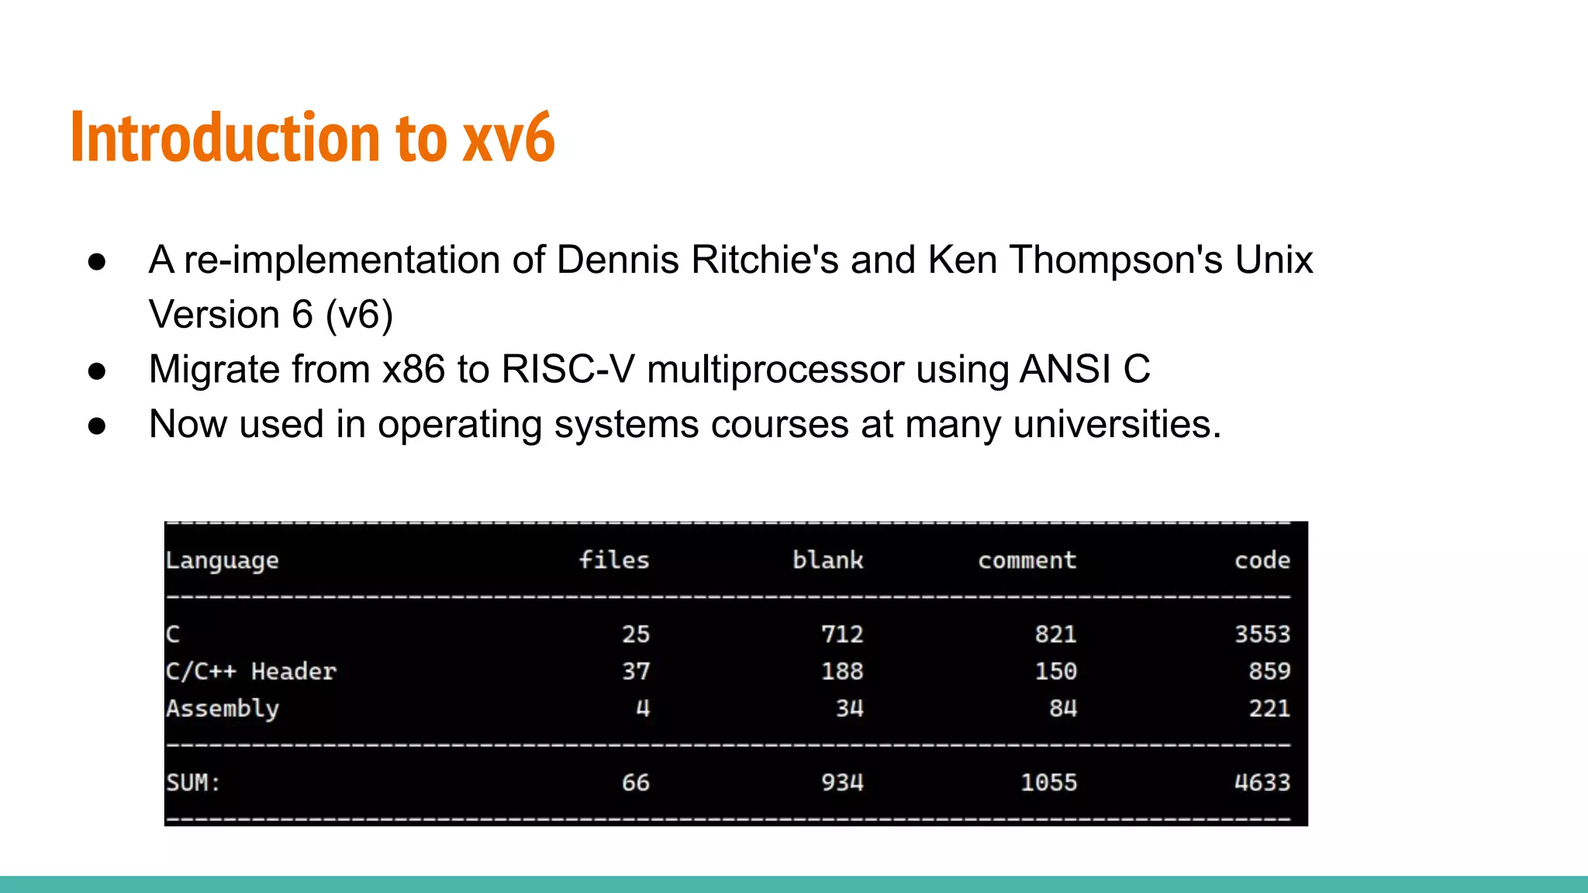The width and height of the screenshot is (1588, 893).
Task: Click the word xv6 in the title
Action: pyautogui.click(x=509, y=138)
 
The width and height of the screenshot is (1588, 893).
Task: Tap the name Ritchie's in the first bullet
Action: pyautogui.click(x=765, y=260)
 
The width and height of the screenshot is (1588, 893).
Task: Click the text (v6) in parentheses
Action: pyautogui.click(x=359, y=315)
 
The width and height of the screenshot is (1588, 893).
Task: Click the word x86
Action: pyautogui.click(x=414, y=369)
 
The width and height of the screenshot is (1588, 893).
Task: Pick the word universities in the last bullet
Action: pyautogui.click(x=1117, y=424)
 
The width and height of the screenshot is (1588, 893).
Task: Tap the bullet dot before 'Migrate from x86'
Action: pyautogui.click(x=97, y=371)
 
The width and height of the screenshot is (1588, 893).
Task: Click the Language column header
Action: pyautogui.click(x=222, y=560)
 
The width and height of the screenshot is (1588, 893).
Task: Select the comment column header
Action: pyautogui.click(x=1027, y=560)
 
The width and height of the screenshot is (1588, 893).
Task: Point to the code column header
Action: pyautogui.click(x=1262, y=560)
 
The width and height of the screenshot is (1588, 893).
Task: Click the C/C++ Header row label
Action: pyautogui.click(x=250, y=671)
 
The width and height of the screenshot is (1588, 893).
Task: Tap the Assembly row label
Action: pyautogui.click(x=222, y=709)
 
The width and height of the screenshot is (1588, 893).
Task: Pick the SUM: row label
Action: pyautogui.click(x=193, y=783)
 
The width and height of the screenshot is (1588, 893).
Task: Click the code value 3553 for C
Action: pyautogui.click(x=1262, y=634)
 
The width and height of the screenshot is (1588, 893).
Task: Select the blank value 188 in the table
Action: pyautogui.click(x=842, y=671)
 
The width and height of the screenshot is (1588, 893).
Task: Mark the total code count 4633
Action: pyautogui.click(x=1262, y=783)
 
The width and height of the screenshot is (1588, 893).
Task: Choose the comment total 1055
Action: pyautogui.click(x=1048, y=783)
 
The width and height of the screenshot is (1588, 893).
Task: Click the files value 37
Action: pyautogui.click(x=636, y=671)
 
